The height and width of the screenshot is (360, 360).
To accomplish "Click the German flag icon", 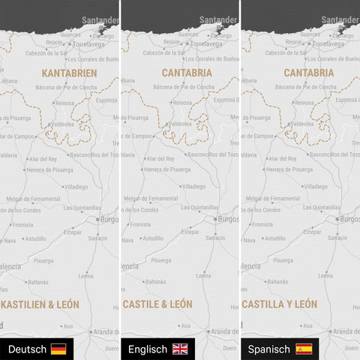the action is click(x=58, y=349).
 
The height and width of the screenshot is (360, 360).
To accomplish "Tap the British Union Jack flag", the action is click(x=181, y=349).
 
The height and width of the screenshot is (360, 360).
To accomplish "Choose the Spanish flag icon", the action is click(x=303, y=349).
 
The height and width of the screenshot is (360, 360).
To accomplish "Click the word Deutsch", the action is click(x=28, y=349).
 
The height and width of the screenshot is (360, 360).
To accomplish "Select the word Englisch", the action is click(x=148, y=349).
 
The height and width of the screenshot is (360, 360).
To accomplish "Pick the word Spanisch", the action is click(x=269, y=349).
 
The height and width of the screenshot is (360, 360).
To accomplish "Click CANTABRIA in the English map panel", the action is click(x=187, y=73).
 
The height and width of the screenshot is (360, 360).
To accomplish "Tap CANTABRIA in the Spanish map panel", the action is click(x=309, y=73).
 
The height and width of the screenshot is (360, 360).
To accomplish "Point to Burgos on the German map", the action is click(x=108, y=219).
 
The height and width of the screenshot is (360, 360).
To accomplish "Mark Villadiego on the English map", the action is click(x=193, y=186).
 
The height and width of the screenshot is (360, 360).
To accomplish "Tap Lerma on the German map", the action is click(x=82, y=275).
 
